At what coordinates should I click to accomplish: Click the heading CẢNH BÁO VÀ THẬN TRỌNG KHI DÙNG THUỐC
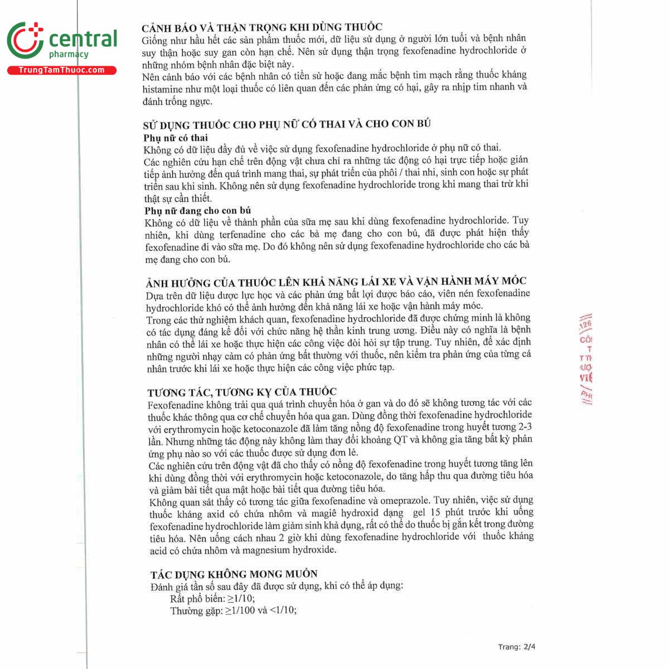(262, 27)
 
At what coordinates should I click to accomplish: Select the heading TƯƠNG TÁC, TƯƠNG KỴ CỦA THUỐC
(242, 392)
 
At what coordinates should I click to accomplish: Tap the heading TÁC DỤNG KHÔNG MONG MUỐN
(234, 574)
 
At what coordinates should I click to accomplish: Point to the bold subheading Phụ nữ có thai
(176, 138)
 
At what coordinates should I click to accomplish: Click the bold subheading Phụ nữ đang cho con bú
(197, 211)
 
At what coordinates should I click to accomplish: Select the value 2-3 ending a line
(523, 427)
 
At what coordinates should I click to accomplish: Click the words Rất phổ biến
(197, 599)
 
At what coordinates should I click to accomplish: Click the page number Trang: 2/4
(517, 647)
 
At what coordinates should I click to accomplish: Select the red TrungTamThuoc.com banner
(61, 70)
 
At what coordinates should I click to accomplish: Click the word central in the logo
(84, 39)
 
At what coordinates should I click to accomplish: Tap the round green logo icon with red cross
(25, 41)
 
